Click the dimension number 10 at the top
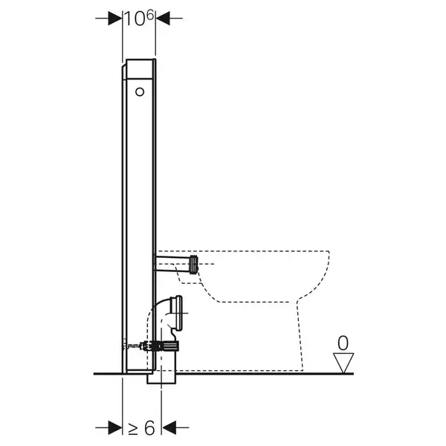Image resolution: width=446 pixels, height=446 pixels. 135,19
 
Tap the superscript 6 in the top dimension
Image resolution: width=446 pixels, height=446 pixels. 150,15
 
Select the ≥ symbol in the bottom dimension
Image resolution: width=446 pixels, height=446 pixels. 133,427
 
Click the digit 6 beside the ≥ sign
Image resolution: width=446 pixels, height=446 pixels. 149,427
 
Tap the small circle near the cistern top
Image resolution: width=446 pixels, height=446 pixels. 140,92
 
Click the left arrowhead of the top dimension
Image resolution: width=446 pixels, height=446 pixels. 115,19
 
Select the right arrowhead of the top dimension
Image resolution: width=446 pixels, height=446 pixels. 163,19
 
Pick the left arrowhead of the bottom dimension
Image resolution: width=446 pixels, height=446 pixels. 115,427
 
